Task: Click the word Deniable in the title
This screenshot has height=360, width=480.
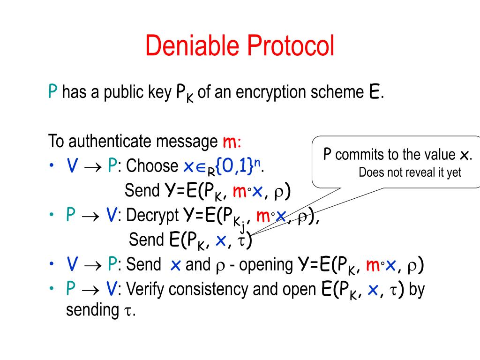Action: pyautogui.click(x=192, y=46)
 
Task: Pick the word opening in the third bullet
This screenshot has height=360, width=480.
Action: pyautogui.click(x=265, y=265)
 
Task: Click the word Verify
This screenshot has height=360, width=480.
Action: pyautogui.click(x=145, y=289)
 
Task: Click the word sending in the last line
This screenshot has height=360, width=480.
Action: pyautogui.click(x=92, y=310)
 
